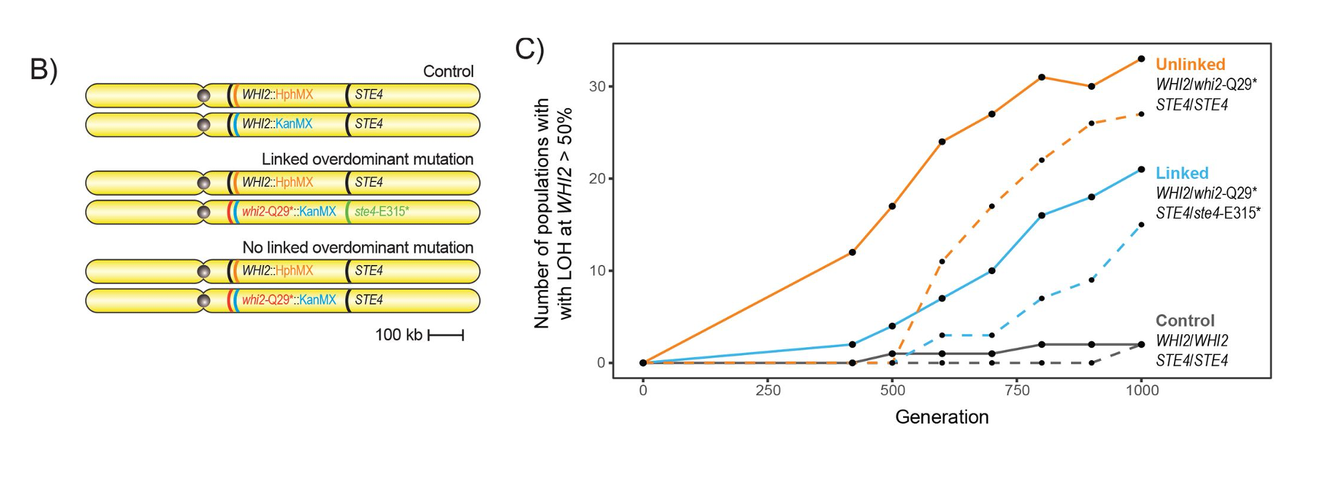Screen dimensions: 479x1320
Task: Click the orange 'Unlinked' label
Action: click(1190, 65)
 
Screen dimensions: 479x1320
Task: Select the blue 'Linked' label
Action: click(1182, 173)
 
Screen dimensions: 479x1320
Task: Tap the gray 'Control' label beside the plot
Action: click(1185, 321)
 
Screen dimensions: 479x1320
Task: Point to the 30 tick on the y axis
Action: click(597, 87)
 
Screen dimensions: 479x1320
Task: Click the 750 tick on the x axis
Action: click(1016, 391)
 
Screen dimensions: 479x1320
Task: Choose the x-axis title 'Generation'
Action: click(941, 417)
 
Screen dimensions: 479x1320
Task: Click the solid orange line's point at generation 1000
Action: click(1141, 59)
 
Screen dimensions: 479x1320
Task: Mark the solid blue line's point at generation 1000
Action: click(1141, 169)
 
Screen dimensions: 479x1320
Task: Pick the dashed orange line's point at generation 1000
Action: click(1141, 114)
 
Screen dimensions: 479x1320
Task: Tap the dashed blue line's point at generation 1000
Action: click(1141, 225)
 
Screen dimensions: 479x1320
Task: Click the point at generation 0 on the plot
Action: click(643, 362)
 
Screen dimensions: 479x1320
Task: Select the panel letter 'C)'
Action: click(530, 49)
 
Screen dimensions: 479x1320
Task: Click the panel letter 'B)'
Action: click(43, 69)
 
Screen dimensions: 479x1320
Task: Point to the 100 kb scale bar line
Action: click(446, 335)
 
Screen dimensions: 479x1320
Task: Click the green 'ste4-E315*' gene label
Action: click(381, 212)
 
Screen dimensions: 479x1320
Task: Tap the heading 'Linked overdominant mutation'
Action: click(367, 159)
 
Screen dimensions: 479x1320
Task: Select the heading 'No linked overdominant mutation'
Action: click(358, 247)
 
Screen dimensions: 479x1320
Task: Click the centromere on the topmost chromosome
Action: click(203, 96)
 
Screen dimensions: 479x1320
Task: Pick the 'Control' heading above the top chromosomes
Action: click(448, 72)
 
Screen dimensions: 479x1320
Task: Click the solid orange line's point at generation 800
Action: click(1042, 77)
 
